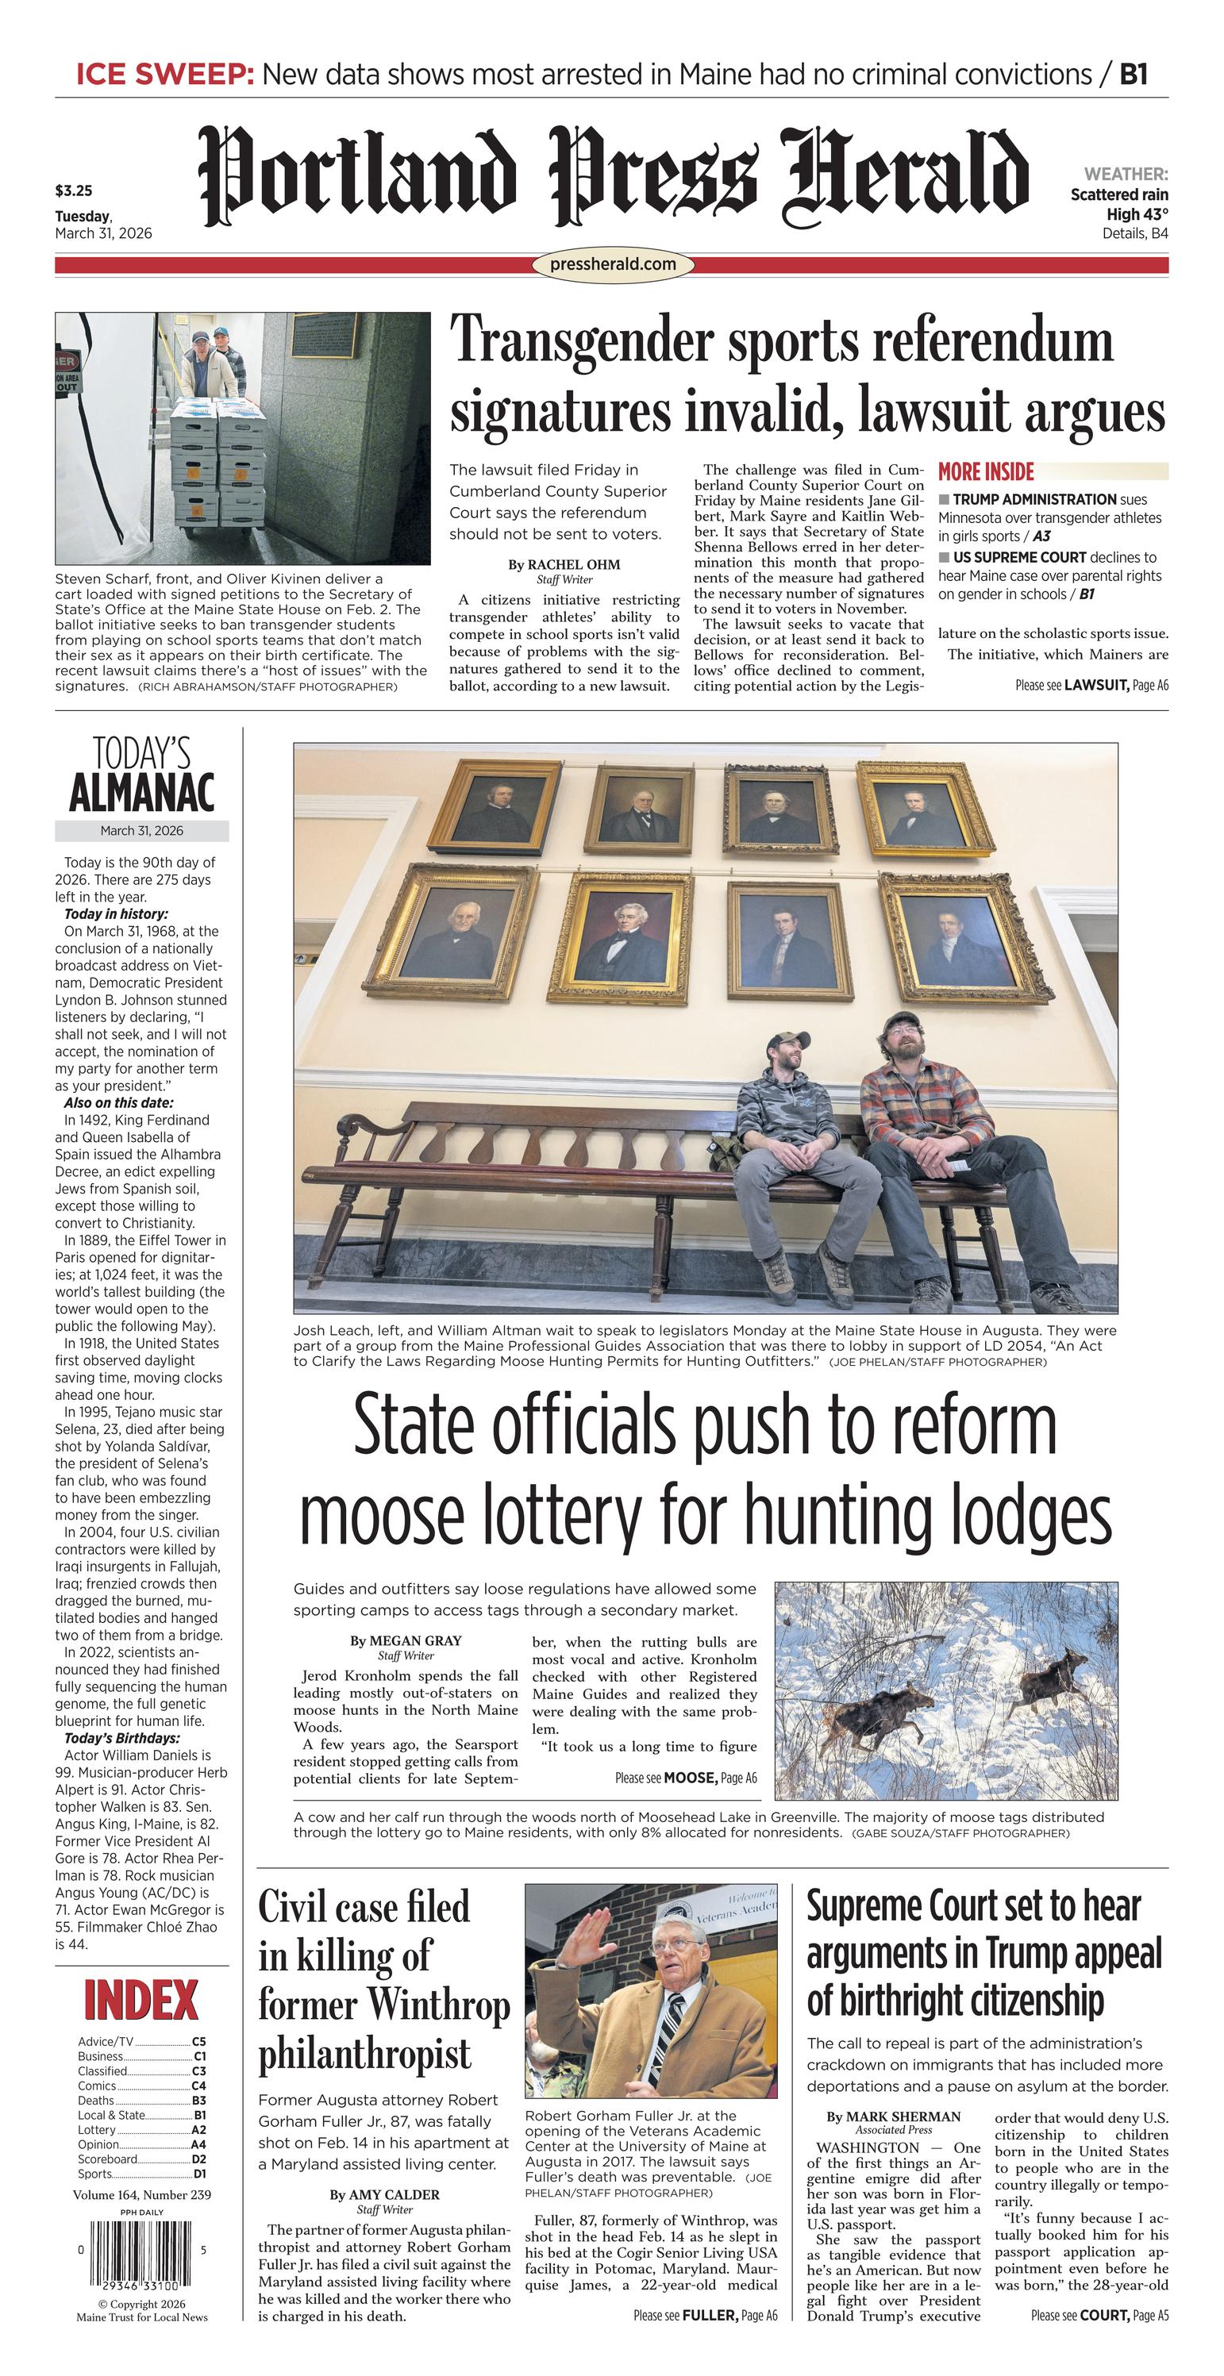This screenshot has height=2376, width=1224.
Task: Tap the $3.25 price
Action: tap(74, 191)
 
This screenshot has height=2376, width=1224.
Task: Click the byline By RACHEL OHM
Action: tap(564, 564)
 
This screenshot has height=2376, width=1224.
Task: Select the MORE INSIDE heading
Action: tap(986, 472)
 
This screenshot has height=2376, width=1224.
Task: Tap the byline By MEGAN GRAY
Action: tap(405, 1641)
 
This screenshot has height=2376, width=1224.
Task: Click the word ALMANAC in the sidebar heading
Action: tap(142, 794)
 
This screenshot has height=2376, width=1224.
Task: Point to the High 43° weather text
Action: tap(1137, 214)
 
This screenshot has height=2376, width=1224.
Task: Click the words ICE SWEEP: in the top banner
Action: tap(164, 75)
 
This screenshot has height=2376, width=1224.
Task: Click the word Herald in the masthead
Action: tap(904, 177)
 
